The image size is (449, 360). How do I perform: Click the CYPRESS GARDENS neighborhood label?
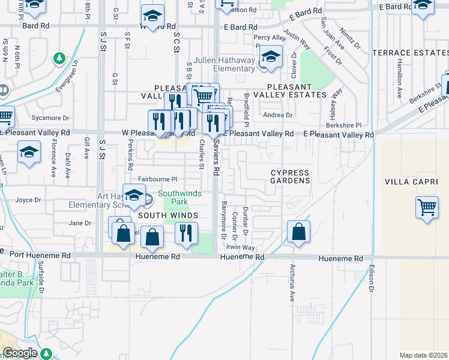pos(290,176)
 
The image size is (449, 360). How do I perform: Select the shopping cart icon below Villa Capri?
pos(427,208)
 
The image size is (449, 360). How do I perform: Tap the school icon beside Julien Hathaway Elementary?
pos(271,58)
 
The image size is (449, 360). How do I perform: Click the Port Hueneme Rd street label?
pos(36,255)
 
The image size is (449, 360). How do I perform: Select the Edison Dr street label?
pos(372,280)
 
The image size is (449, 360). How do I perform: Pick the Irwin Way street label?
pos(240,247)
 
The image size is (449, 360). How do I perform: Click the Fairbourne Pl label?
pos(158,179)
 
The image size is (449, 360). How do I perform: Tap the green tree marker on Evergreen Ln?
pos(59,58)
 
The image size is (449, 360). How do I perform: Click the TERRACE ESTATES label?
pos(411,53)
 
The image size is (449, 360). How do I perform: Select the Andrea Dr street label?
pos(277,115)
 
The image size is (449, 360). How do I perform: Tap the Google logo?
pos(19,353)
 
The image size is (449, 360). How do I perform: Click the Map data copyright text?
pos(423,355)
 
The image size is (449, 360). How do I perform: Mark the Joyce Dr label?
pos(28,200)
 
